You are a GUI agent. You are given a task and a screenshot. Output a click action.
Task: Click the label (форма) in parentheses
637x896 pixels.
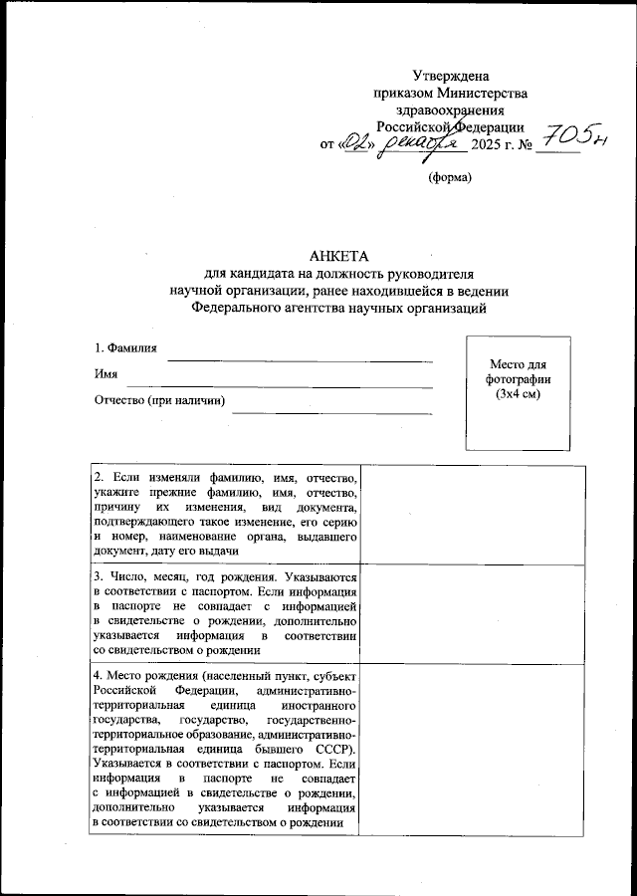pyautogui.click(x=450, y=178)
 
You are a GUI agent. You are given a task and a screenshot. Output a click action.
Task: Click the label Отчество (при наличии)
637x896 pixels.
pyautogui.click(x=159, y=401)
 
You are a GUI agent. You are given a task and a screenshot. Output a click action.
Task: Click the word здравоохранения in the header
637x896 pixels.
pyautogui.click(x=450, y=111)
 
